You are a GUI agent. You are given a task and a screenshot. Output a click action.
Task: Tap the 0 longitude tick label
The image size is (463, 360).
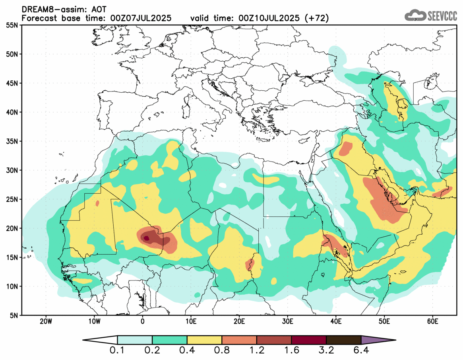(x=143, y=321)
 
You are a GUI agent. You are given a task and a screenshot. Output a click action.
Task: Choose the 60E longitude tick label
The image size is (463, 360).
(x=432, y=321)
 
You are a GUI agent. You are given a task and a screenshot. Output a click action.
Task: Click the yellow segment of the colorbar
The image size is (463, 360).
(x=204, y=340)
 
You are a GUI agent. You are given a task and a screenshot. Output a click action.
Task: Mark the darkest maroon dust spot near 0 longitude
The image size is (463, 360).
(x=146, y=238)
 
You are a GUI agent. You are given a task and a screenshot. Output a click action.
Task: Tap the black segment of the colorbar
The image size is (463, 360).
(x=343, y=340)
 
